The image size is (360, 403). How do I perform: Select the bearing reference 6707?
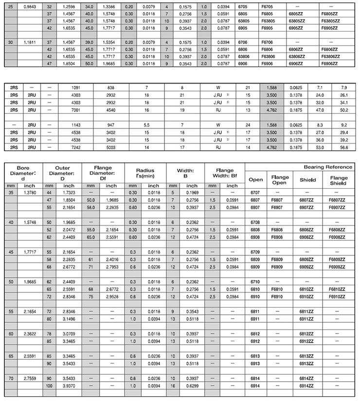(254, 193)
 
